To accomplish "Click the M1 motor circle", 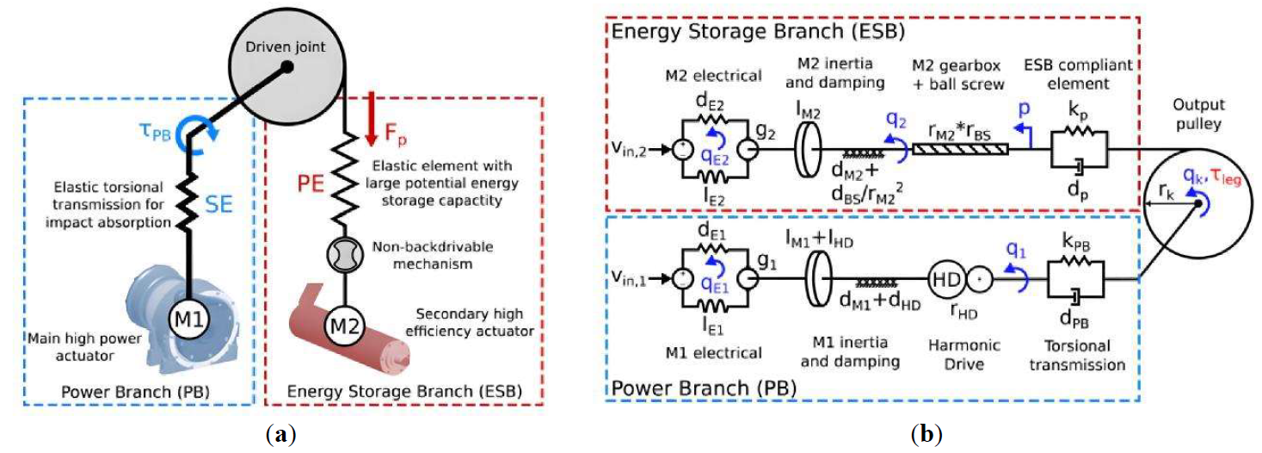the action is (x=189, y=320).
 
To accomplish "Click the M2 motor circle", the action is (x=344, y=326).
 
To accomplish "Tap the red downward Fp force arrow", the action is (x=370, y=118).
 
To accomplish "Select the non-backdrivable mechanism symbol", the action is (x=344, y=254).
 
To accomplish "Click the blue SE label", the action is (x=219, y=204).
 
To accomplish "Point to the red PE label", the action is (x=311, y=183).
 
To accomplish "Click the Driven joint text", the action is (x=285, y=47).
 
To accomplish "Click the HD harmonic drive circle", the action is (x=945, y=279).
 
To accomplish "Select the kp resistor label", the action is (x=1078, y=110).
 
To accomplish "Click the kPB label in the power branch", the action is (x=1075, y=241).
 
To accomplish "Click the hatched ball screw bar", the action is (x=960, y=149).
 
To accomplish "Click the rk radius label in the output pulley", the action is (x=1167, y=191).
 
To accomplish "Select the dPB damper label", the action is (x=1074, y=320).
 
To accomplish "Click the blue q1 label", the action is (x=1015, y=249).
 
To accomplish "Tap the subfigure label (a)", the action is (x=280, y=434).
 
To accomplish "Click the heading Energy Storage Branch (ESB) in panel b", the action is (x=758, y=31).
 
